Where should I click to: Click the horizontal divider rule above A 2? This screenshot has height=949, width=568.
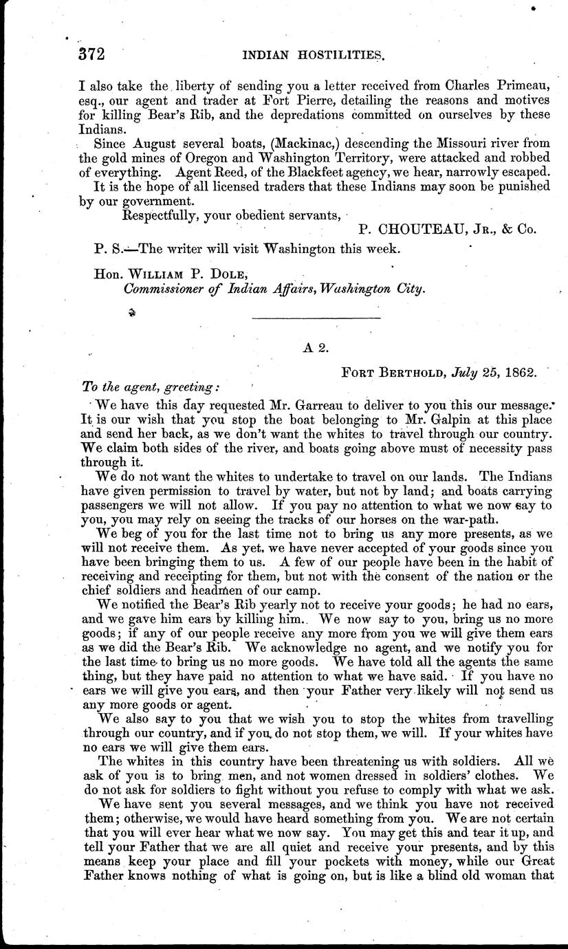click(317, 318)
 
